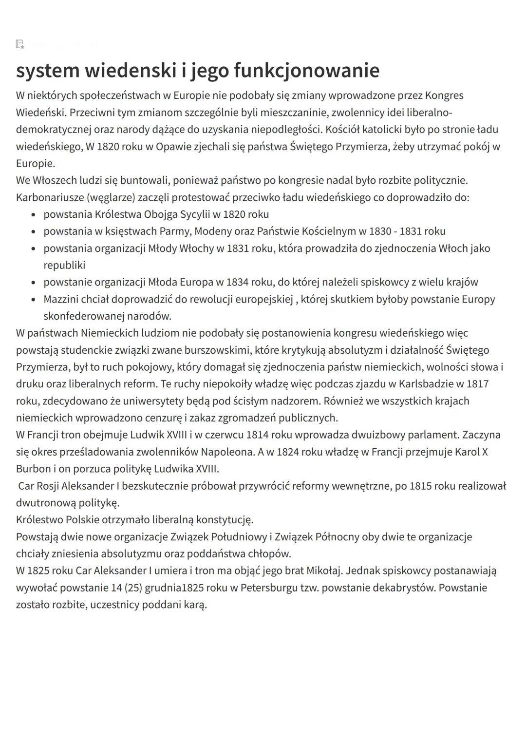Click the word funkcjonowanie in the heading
306,71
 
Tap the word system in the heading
48,71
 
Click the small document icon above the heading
20,45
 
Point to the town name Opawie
173,147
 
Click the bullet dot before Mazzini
33,300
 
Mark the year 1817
477,384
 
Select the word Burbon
33,469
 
